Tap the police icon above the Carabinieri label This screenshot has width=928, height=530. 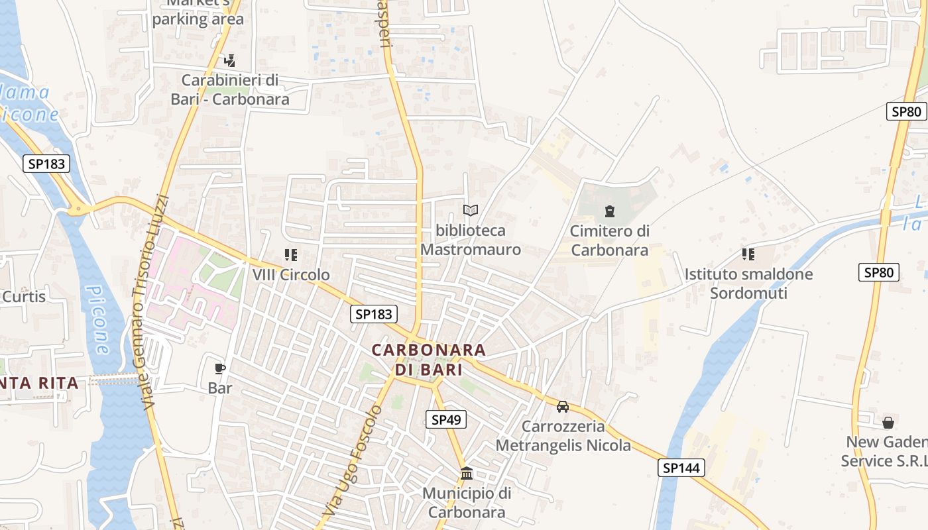pyautogui.click(x=230, y=61)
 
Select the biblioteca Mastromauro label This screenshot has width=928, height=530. pyautogui.click(x=471, y=240)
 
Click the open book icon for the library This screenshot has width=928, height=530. pyautogui.click(x=471, y=210)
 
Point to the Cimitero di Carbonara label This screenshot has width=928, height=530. pyautogui.click(x=609, y=240)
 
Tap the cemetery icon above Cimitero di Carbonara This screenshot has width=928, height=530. pyautogui.click(x=609, y=211)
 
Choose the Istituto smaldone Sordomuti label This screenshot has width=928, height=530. pyautogui.click(x=748, y=283)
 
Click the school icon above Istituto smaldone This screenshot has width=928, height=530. pyautogui.click(x=748, y=254)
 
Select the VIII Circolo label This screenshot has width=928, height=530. pyautogui.click(x=290, y=274)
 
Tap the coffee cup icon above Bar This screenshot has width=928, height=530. pyautogui.click(x=220, y=368)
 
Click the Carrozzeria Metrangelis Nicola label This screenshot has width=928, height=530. pyautogui.click(x=563, y=435)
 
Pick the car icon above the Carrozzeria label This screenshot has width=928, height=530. pyautogui.click(x=563, y=406)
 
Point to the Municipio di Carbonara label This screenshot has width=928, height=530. pyautogui.click(x=467, y=502)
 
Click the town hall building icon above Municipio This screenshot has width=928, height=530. pyautogui.click(x=467, y=473)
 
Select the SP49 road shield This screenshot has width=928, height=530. pyautogui.click(x=445, y=419)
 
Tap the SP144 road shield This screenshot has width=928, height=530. pyautogui.click(x=681, y=468)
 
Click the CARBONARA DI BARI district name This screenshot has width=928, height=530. pyautogui.click(x=429, y=358)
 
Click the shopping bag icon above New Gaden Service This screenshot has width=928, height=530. pyautogui.click(x=888, y=422)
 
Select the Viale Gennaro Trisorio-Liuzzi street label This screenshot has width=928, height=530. pyautogui.click(x=152, y=301)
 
